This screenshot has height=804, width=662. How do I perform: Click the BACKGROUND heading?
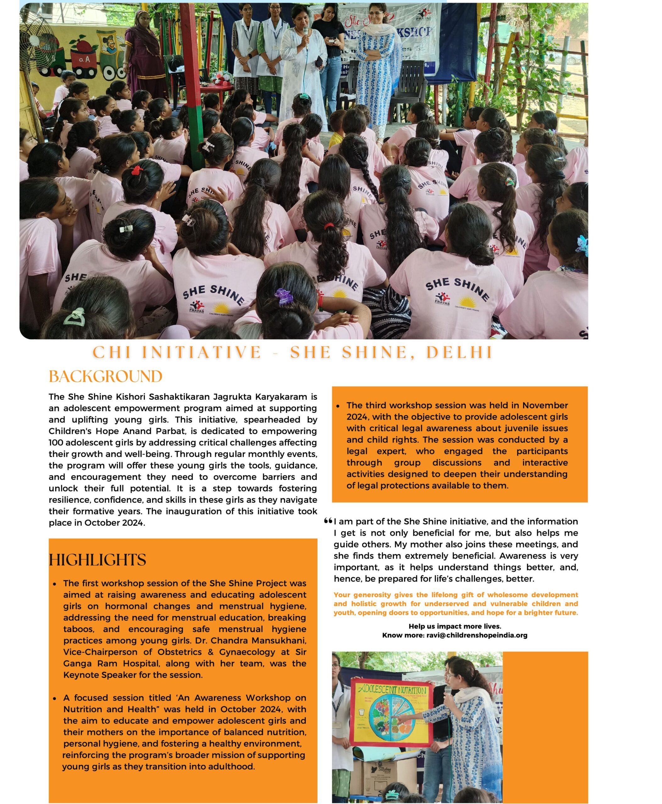[106, 377]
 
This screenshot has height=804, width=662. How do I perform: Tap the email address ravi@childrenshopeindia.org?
[477, 635]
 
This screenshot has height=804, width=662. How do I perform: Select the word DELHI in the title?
[460, 352]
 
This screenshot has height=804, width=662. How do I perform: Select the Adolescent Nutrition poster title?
[392, 690]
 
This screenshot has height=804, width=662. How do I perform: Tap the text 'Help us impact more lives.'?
[455, 626]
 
